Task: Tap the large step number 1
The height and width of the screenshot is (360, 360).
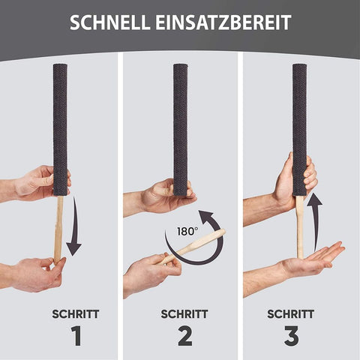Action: click(75, 335)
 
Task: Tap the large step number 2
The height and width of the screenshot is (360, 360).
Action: click(182, 335)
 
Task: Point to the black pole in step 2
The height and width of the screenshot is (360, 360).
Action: click(181, 127)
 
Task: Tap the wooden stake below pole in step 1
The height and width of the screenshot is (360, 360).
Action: click(58, 225)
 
